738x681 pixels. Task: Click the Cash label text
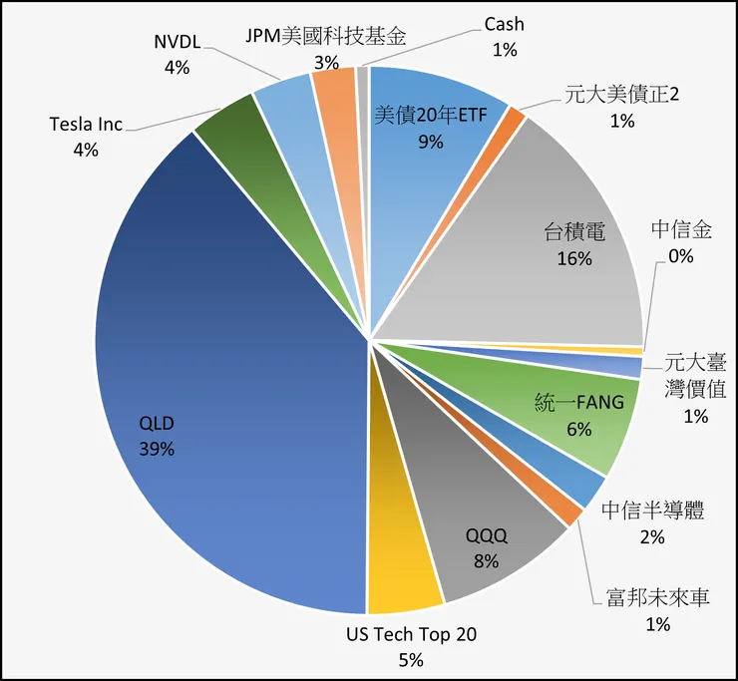[x=504, y=24]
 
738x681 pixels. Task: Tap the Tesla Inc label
[x=86, y=125]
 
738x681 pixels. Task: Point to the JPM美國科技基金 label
[x=326, y=37]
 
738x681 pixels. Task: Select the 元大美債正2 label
[x=621, y=96]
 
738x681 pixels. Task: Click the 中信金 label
[x=682, y=230]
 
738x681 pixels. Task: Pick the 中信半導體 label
[x=653, y=511]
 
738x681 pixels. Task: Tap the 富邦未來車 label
[x=656, y=598]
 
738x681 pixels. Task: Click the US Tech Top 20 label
[x=411, y=634]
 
